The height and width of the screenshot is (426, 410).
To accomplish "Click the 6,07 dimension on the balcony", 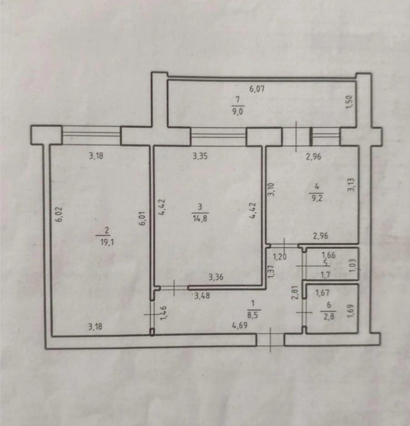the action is pyautogui.click(x=257, y=89).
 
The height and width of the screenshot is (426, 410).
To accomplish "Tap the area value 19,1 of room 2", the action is pyautogui.click(x=107, y=242).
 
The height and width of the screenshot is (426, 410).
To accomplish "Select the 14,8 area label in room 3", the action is pyautogui.click(x=200, y=218).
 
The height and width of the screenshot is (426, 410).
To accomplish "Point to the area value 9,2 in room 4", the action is pyautogui.click(x=317, y=198).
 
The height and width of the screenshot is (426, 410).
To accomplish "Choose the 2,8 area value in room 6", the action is pyautogui.click(x=328, y=317).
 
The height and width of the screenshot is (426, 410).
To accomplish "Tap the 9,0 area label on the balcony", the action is pyautogui.click(x=238, y=112).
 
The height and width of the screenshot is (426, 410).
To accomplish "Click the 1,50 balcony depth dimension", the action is pyautogui.click(x=349, y=102).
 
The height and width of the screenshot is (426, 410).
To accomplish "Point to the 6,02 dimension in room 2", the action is pyautogui.click(x=60, y=215).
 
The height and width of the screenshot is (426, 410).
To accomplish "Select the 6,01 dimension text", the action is pyautogui.click(x=144, y=218).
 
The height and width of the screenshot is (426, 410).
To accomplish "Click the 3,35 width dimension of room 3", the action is pyautogui.click(x=200, y=156).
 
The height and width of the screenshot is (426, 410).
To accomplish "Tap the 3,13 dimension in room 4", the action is pyautogui.click(x=351, y=185).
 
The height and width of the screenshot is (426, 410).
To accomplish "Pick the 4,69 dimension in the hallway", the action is pyautogui.click(x=240, y=325).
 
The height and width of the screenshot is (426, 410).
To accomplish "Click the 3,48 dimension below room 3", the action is pyautogui.click(x=202, y=296).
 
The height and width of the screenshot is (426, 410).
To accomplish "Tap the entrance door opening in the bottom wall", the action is pyautogui.click(x=270, y=340).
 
